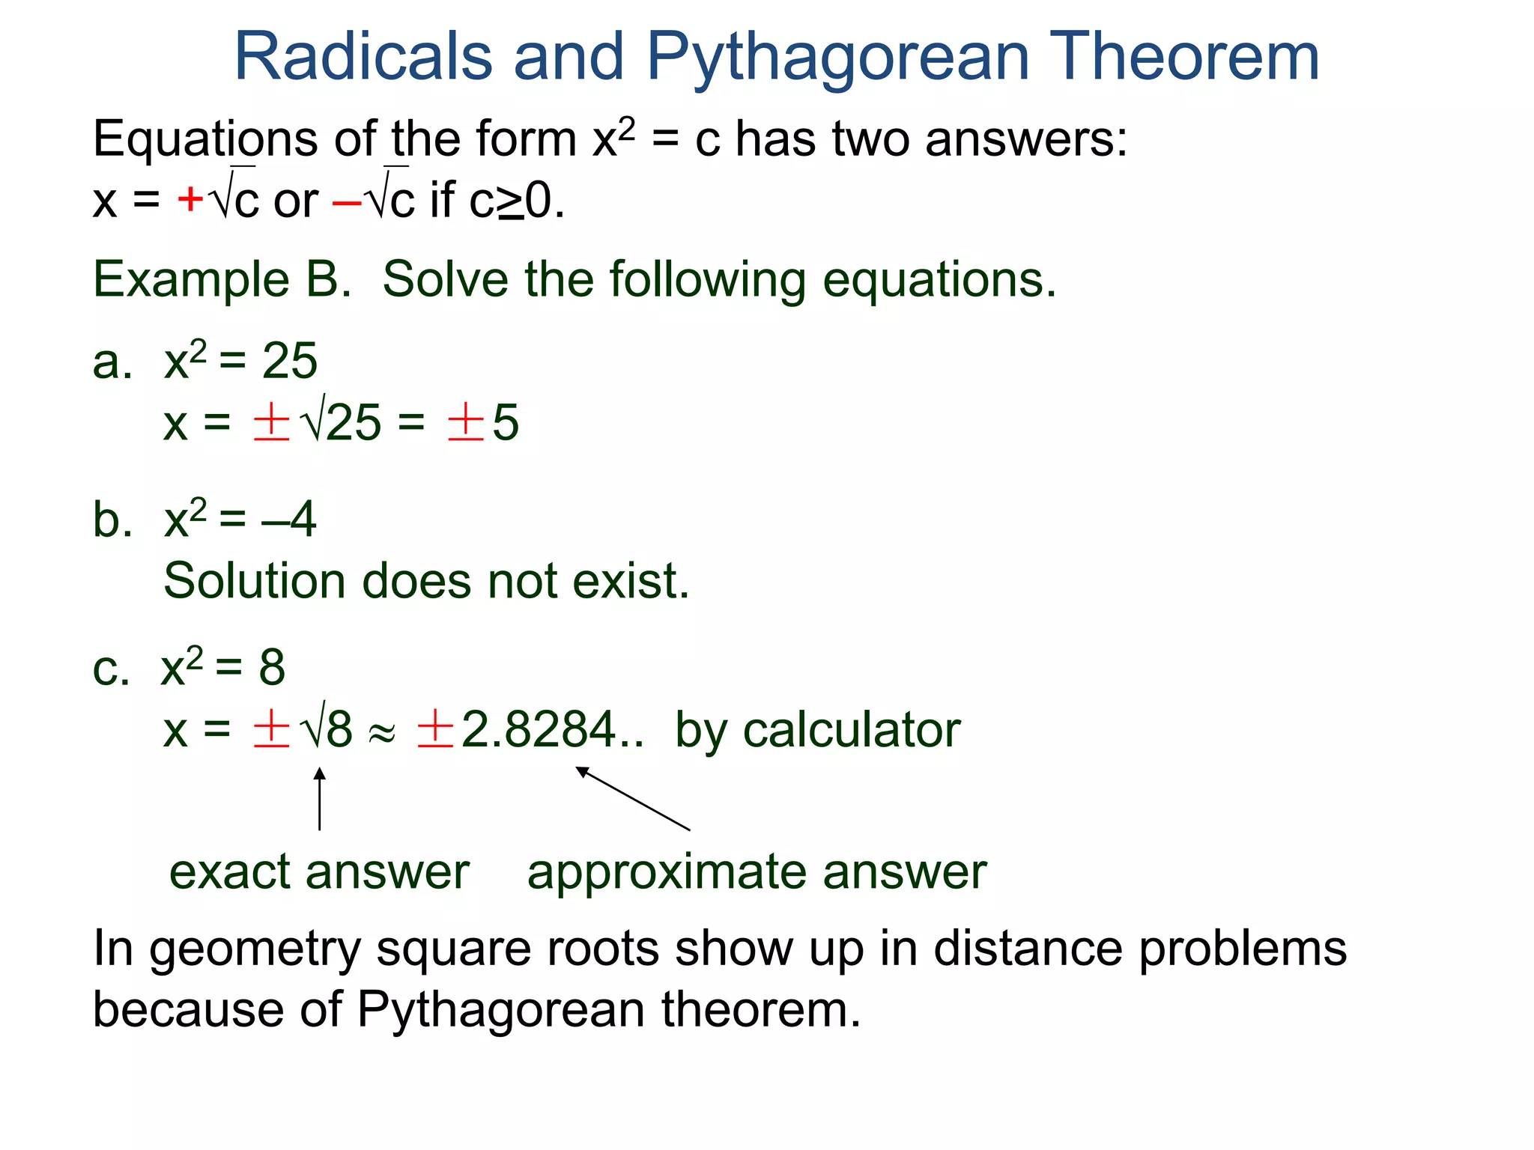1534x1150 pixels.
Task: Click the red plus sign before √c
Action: [190, 199]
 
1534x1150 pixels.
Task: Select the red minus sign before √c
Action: [347, 201]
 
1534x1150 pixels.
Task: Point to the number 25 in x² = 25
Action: [289, 362]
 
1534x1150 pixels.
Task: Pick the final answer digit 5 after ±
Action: [506, 423]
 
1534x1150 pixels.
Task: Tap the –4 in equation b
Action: [289, 520]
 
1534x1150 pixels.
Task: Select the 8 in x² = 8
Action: [272, 667]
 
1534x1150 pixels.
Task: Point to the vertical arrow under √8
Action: [320, 799]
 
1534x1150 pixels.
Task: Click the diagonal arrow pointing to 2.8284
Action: [632, 799]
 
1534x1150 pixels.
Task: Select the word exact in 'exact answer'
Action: [229, 873]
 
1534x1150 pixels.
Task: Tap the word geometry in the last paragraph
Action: [255, 949]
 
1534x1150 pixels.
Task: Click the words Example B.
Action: [222, 280]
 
